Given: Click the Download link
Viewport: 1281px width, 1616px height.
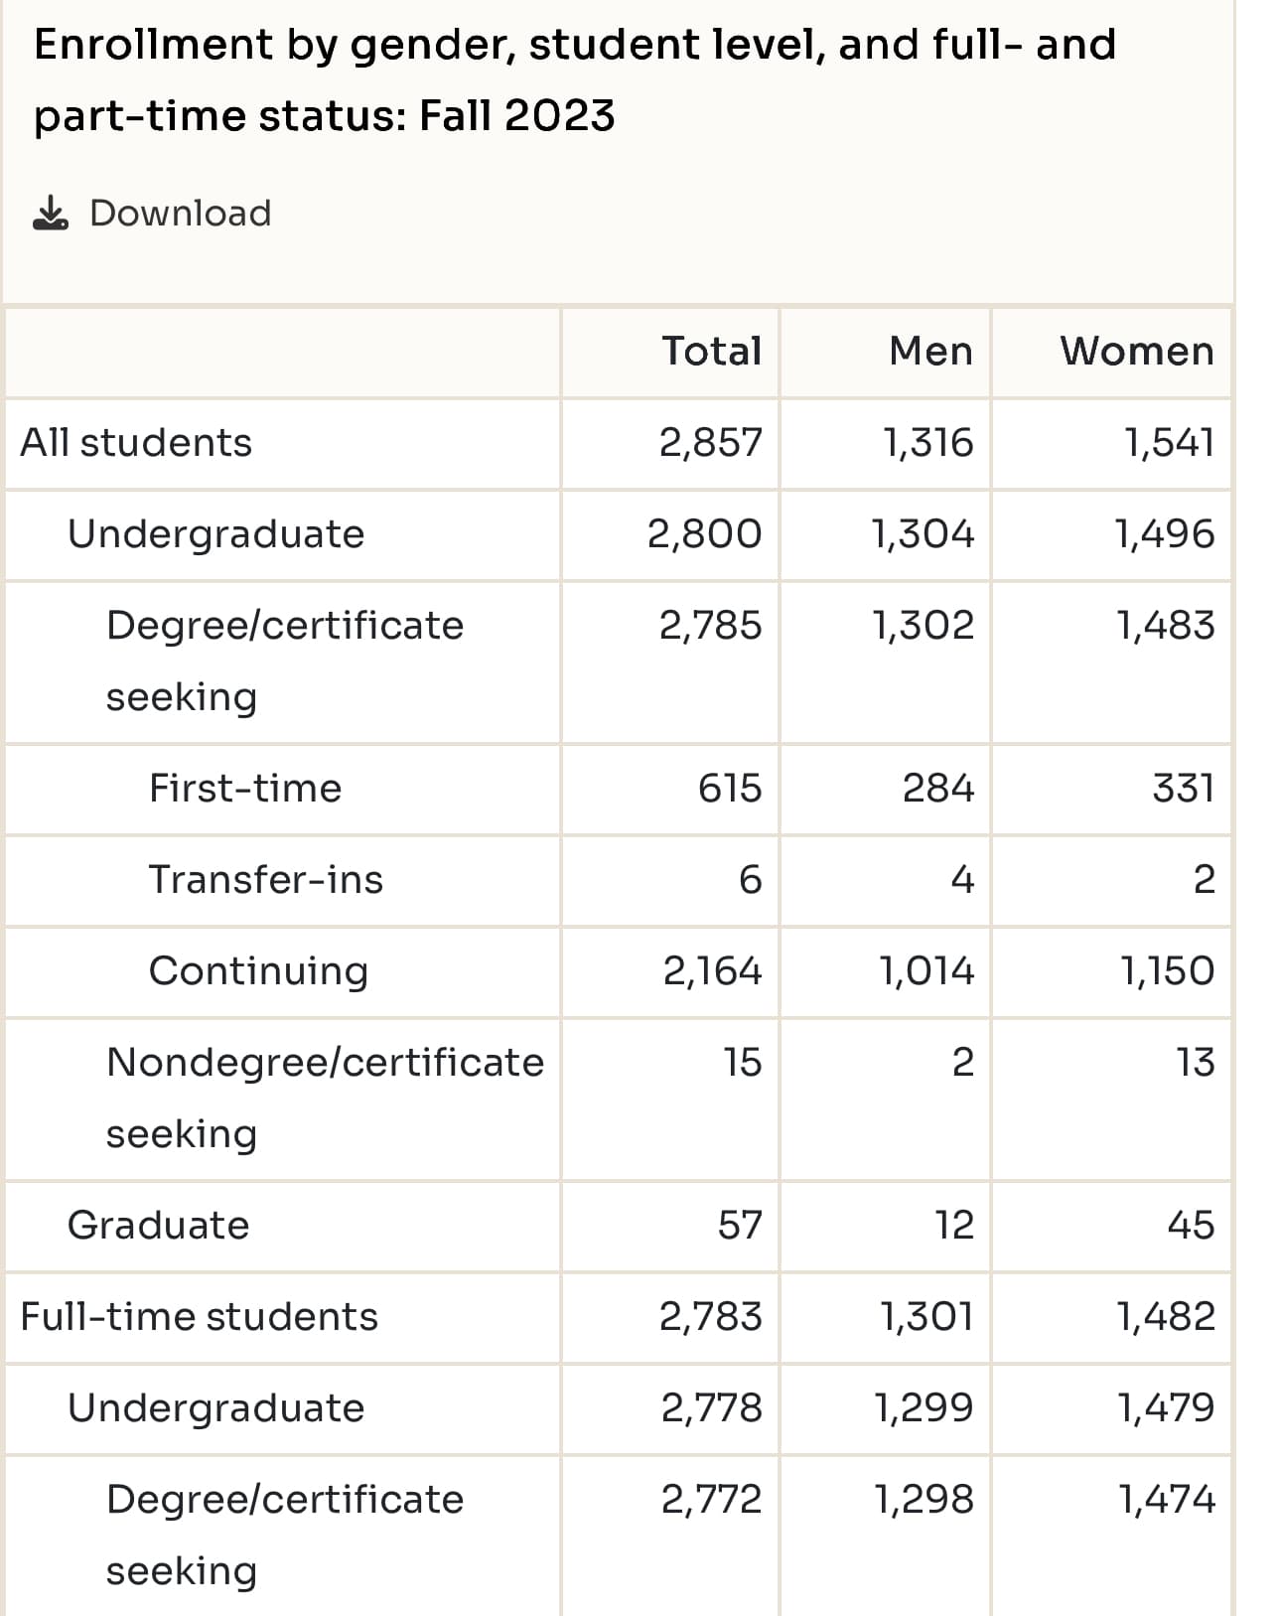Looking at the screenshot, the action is click(x=180, y=214).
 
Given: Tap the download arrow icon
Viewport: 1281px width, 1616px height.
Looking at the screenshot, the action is click(x=51, y=213).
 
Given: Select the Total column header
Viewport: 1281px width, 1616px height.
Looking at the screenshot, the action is click(x=712, y=351).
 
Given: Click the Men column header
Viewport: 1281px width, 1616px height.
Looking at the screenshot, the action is click(x=931, y=351).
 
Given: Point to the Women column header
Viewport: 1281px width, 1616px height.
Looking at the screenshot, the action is click(x=1137, y=351).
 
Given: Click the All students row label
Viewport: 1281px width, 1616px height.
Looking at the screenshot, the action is click(x=136, y=442).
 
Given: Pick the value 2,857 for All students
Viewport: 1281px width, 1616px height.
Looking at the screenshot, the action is click(x=711, y=442).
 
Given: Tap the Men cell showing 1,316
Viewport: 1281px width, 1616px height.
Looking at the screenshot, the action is click(x=928, y=442).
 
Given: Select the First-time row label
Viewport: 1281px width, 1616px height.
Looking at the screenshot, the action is click(x=245, y=789).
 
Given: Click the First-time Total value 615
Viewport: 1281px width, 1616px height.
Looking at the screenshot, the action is click(x=730, y=789).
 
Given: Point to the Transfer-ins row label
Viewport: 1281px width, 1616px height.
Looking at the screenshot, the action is click(x=266, y=879).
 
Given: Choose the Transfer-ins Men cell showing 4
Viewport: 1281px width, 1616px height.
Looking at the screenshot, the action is click(x=962, y=879).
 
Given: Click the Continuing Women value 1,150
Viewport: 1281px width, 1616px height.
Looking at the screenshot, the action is click(x=1168, y=971).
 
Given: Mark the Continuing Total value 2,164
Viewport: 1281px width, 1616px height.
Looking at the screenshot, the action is click(x=712, y=971).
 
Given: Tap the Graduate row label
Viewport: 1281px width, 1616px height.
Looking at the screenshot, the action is click(x=159, y=1226).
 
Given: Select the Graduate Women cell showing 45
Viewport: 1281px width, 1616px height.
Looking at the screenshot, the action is click(x=1191, y=1226).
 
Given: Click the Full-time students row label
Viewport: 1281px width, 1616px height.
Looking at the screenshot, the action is click(x=199, y=1317).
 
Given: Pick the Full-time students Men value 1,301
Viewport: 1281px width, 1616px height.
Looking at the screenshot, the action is click(x=927, y=1317).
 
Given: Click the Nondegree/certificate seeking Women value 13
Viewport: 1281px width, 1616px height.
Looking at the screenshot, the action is click(x=1196, y=1063).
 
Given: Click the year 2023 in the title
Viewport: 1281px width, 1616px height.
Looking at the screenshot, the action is click(x=559, y=115).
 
